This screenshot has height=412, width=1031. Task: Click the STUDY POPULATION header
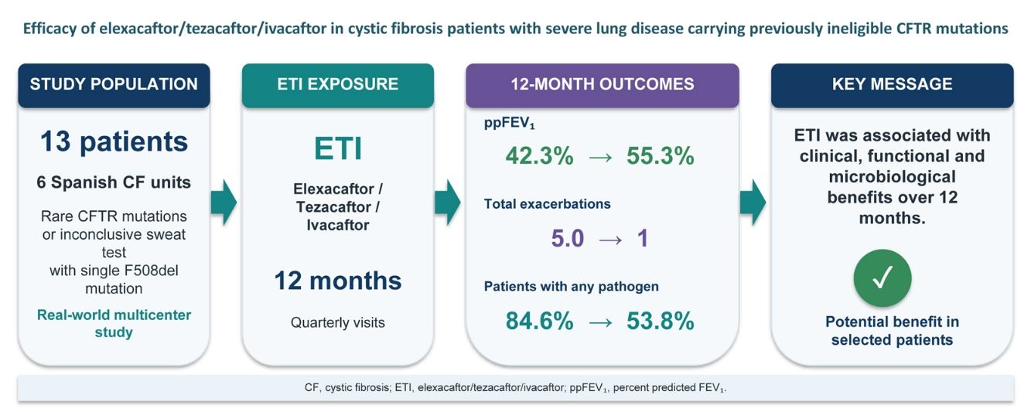(114, 85)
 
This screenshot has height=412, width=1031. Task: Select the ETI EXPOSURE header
(338, 85)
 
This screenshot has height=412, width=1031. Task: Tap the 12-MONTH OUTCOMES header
(602, 85)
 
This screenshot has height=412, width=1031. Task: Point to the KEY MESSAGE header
(892, 85)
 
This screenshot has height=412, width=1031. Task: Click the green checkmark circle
(882, 278)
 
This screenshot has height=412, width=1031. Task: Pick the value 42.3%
(539, 156)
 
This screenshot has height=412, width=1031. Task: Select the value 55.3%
(660, 156)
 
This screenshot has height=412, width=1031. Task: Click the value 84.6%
(539, 321)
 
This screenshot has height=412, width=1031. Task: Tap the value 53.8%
(660, 321)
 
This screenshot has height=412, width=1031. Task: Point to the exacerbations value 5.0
(568, 239)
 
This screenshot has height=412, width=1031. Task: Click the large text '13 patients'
(114, 141)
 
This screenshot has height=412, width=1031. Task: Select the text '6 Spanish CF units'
(114, 182)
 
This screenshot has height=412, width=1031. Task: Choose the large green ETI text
(338, 148)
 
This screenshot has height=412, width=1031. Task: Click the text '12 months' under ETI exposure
(338, 281)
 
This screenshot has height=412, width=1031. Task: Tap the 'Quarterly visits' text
(338, 322)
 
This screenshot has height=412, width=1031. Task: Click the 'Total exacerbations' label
(548, 204)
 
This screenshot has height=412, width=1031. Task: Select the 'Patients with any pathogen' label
(572, 287)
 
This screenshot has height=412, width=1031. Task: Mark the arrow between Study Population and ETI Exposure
(224, 203)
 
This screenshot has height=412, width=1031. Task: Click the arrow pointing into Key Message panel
(753, 203)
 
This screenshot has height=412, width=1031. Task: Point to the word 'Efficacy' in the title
(50, 29)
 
